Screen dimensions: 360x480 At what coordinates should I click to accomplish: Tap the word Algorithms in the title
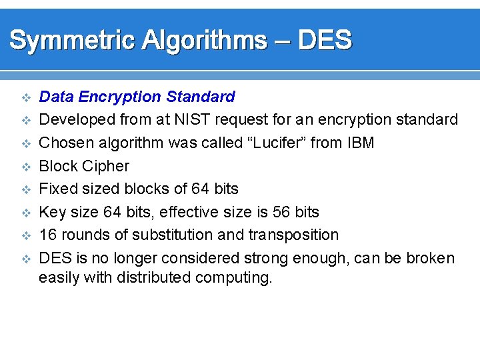click(203, 41)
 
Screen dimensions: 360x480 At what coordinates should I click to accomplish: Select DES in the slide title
click(324, 41)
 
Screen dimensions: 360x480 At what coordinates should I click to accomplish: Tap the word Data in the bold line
click(56, 97)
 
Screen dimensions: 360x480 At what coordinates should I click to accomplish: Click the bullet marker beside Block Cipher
click(26, 167)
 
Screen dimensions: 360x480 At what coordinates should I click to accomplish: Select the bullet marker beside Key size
click(26, 213)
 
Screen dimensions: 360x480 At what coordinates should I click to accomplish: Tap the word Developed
click(77, 120)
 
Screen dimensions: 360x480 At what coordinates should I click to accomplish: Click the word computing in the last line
click(233, 277)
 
